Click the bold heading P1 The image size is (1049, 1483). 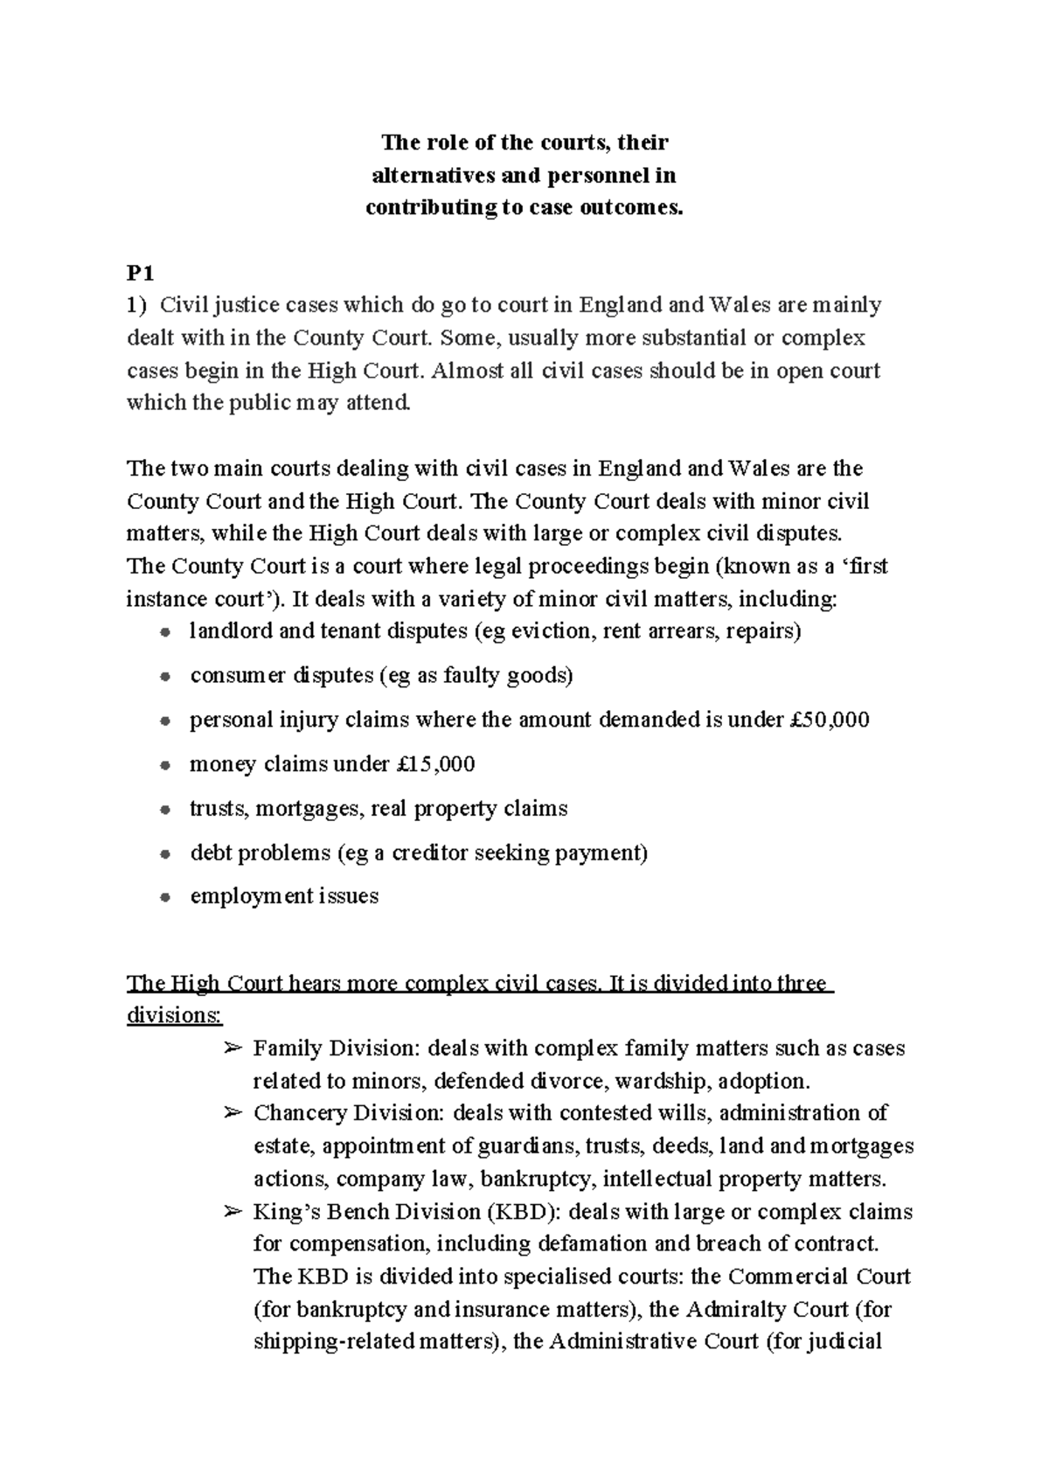pyautogui.click(x=140, y=274)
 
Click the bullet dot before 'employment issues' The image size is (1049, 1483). pyautogui.click(x=164, y=898)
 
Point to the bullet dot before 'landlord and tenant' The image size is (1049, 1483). pyautogui.click(x=164, y=632)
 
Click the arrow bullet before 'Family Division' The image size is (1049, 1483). pyautogui.click(x=232, y=1048)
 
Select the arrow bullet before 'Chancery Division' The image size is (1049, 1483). pyautogui.click(x=232, y=1113)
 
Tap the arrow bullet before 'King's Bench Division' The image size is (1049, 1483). pyautogui.click(x=232, y=1212)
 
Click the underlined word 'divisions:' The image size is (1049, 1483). pyautogui.click(x=175, y=1016)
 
